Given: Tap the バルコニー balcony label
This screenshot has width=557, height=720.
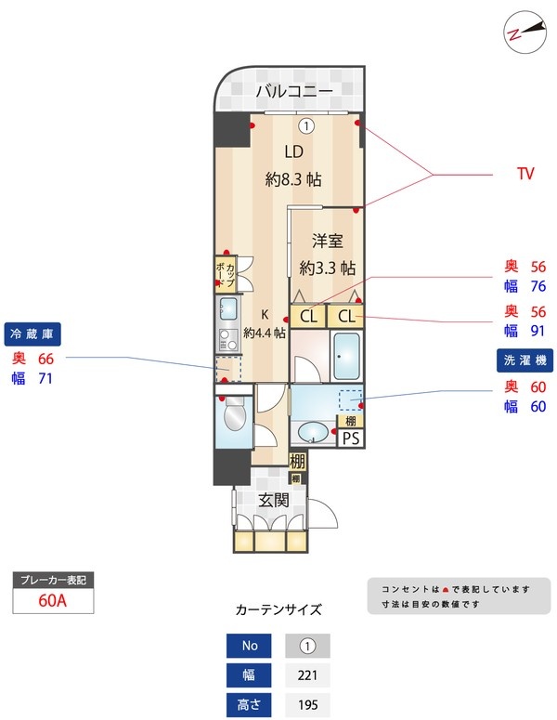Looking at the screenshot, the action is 294,91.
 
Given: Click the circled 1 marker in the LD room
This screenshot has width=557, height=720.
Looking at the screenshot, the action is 306,125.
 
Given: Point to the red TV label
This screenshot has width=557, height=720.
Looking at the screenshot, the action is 525,174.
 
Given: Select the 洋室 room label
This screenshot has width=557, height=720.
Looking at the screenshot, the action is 327,241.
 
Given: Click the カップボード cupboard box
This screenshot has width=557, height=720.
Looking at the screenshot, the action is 226,274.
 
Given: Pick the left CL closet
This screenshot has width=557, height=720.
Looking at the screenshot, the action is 308,317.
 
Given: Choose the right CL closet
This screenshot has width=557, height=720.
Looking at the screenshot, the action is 345,317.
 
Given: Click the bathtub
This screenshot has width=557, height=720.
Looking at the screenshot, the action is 346,356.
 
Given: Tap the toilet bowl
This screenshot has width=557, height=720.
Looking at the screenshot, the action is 235,414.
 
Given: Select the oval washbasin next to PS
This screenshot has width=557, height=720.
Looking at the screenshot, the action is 313,433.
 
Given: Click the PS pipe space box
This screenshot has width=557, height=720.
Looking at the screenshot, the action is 351,439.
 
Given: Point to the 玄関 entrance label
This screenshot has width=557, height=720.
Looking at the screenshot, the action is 274,500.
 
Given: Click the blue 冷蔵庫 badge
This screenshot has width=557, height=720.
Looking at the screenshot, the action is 32,334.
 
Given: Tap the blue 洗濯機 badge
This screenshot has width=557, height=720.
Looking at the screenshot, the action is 525,360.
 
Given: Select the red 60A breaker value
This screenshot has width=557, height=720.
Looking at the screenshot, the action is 53,600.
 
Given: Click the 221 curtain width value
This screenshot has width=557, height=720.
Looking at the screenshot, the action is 307,675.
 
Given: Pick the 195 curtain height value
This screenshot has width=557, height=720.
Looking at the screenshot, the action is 307,704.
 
